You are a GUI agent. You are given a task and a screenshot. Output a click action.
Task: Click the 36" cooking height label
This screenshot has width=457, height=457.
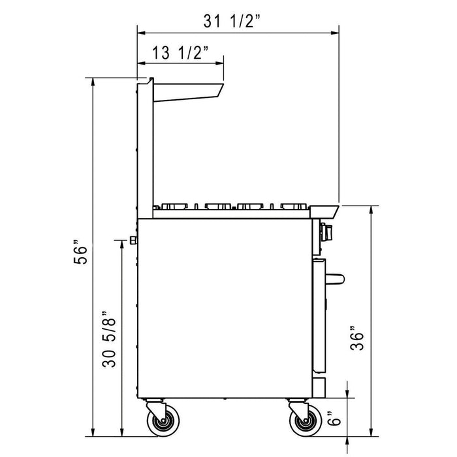click(x=356, y=339)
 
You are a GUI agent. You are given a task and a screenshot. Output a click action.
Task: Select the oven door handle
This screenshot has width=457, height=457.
click(x=334, y=279)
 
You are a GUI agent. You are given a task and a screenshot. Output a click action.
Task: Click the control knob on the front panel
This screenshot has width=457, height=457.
click(x=326, y=230)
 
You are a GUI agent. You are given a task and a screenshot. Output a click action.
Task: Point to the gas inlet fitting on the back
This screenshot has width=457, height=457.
click(x=133, y=240)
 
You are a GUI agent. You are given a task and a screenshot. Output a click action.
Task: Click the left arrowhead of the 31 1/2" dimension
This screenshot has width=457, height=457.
click(x=140, y=31)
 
